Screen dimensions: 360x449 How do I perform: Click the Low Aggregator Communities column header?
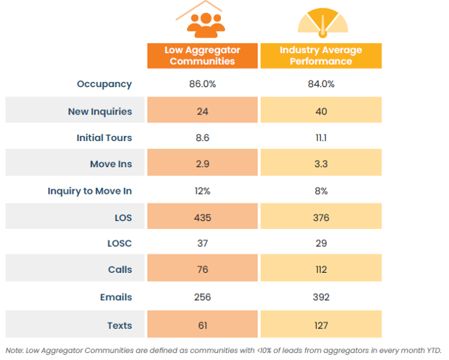[x=202, y=56]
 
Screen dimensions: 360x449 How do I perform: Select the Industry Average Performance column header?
[x=320, y=56]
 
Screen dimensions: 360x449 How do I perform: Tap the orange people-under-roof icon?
[x=202, y=21]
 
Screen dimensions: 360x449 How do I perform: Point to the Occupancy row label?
[x=104, y=84]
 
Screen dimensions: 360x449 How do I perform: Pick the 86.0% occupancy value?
[x=202, y=84]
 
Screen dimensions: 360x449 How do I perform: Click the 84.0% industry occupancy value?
[x=321, y=84]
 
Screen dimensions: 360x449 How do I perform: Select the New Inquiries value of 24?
[x=202, y=111]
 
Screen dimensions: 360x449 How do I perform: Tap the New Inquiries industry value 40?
[x=321, y=111]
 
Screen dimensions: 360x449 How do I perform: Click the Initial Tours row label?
[x=104, y=138]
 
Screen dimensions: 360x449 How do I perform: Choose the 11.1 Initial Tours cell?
[x=321, y=138]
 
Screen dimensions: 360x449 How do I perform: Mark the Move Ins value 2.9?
[x=202, y=164]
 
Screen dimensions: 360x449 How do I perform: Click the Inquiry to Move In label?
[x=90, y=191]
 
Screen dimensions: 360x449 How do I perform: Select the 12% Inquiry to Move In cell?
[x=202, y=191]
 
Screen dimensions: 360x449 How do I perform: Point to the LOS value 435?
[x=202, y=217]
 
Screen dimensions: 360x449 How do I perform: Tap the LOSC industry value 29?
[x=321, y=244]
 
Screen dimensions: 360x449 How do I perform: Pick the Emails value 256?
[x=202, y=297]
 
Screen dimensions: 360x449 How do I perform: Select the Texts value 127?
[x=321, y=325]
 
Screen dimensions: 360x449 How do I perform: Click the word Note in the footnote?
[x=14, y=350]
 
